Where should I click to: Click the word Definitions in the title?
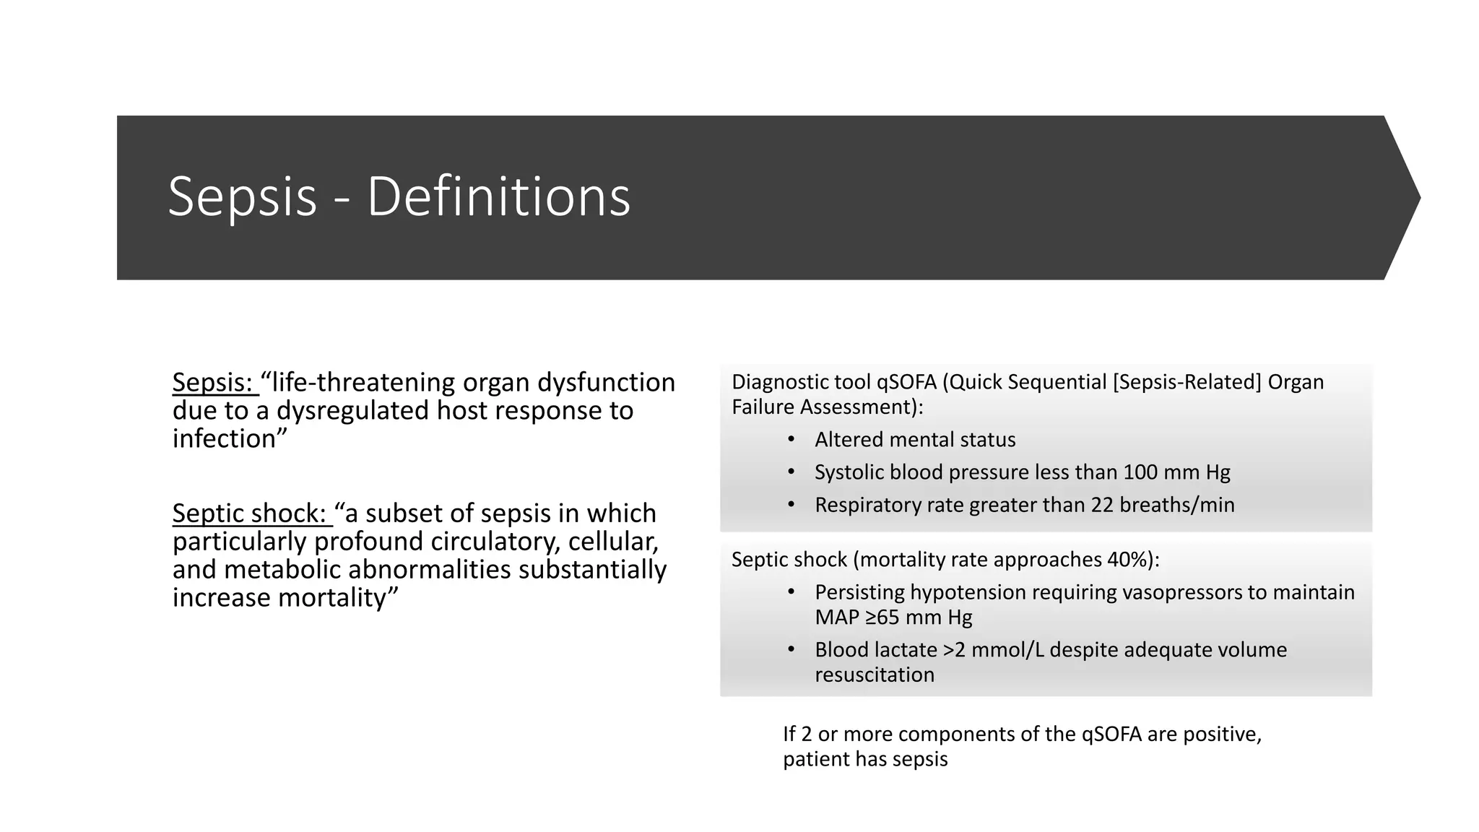(x=498, y=196)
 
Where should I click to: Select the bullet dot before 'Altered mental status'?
(x=791, y=439)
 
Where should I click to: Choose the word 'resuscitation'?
(x=875, y=675)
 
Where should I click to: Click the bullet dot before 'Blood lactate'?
(x=791, y=650)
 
